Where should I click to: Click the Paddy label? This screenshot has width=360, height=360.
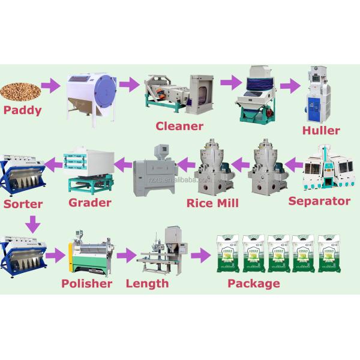pos(22,110)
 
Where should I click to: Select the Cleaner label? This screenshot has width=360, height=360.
pos(179,126)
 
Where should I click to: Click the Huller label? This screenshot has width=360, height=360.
pos(320,130)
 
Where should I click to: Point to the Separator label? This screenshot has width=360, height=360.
pos(319,201)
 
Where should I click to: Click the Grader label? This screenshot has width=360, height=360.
pos(89,202)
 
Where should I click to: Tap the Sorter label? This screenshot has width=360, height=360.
pos(23,204)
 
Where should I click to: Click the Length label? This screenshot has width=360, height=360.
pos(147,283)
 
